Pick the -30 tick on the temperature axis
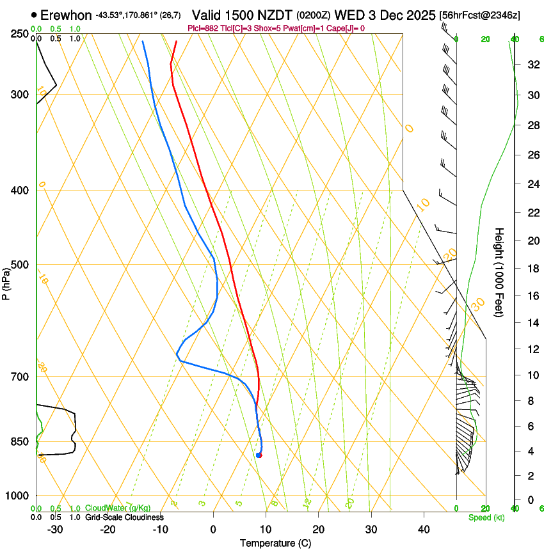[x=55, y=530]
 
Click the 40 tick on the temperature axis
[x=424, y=530]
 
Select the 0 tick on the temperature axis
[x=213, y=530]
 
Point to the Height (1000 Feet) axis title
[x=499, y=272]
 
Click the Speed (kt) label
[x=486, y=517]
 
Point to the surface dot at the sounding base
[x=259, y=455]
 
